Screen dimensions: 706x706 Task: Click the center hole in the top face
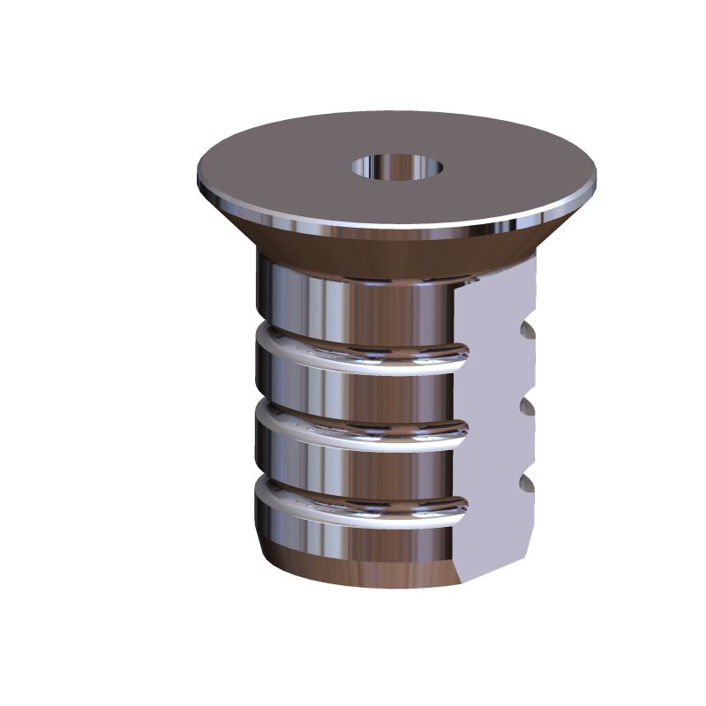pos(397,166)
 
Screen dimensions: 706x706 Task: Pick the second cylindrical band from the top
pos(353,384)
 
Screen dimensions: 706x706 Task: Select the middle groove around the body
pos(353,428)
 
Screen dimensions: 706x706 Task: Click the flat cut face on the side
pos(499,424)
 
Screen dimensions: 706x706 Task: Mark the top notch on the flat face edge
pos(529,330)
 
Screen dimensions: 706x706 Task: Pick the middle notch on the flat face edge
pos(529,407)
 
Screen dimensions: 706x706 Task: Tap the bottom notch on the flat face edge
pos(529,483)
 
